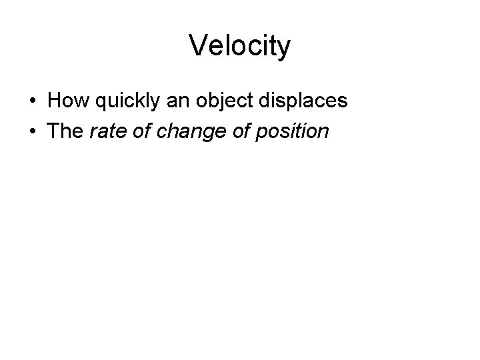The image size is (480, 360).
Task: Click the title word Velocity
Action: point(240,46)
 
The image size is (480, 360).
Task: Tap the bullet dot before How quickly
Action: point(32,102)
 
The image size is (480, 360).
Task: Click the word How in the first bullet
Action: point(64,101)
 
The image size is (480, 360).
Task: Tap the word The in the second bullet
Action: point(65,131)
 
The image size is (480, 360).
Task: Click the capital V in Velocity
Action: point(198,46)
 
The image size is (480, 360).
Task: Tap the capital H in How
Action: point(55,101)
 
